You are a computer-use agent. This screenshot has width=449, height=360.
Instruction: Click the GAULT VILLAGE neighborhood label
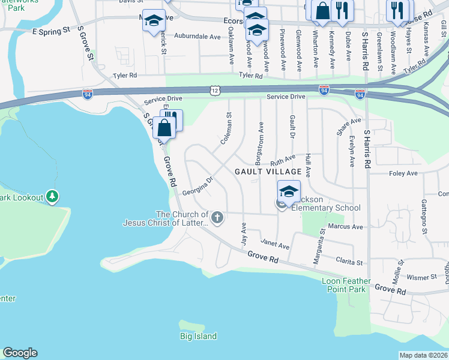click(268, 172)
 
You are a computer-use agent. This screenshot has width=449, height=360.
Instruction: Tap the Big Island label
click(198, 337)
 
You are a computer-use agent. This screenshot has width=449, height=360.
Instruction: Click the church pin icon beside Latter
click(217, 218)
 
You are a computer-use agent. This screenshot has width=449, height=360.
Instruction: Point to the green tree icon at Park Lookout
click(53, 196)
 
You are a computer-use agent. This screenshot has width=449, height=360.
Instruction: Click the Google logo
click(20, 353)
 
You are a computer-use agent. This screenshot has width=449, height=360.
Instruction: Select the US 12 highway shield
click(215, 89)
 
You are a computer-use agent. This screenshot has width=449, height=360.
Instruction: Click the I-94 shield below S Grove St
click(88, 94)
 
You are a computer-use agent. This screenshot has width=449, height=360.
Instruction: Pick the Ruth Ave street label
click(283, 160)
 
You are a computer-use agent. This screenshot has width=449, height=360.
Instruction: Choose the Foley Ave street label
click(403, 173)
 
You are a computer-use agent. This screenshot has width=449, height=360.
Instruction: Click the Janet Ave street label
click(275, 246)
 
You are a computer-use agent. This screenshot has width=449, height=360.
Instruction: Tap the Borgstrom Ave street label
click(260, 139)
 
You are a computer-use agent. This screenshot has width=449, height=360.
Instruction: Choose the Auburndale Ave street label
click(197, 37)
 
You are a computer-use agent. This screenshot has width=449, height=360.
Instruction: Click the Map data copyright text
click(424, 355)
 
